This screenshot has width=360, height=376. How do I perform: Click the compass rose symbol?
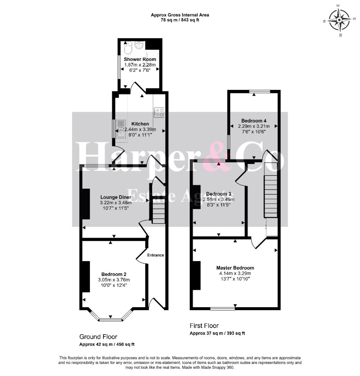coord(339,20)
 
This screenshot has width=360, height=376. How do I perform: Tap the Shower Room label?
coord(140,59)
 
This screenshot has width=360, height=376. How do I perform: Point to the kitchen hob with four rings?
coord(159,112)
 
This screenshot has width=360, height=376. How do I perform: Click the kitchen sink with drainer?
coord(121,129)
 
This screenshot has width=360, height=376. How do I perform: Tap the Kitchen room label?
coord(140,124)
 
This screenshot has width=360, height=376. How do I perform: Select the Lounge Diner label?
coord(116,197)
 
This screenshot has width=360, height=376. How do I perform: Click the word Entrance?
coord(156,255)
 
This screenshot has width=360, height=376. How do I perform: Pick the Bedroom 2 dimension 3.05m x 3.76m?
coord(114,280)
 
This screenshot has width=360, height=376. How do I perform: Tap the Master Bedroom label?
coord(235,268)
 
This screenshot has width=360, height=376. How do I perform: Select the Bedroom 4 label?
coord(254,120)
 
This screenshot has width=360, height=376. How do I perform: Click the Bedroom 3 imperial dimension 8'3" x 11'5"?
coord(219,205)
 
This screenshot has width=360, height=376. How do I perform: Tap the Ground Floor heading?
coord(98,337)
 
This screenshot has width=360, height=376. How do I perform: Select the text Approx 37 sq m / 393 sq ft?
coord(217,333)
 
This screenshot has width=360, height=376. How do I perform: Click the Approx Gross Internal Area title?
coord(180,15)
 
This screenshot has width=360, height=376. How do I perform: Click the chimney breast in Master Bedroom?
coord(197,275)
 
